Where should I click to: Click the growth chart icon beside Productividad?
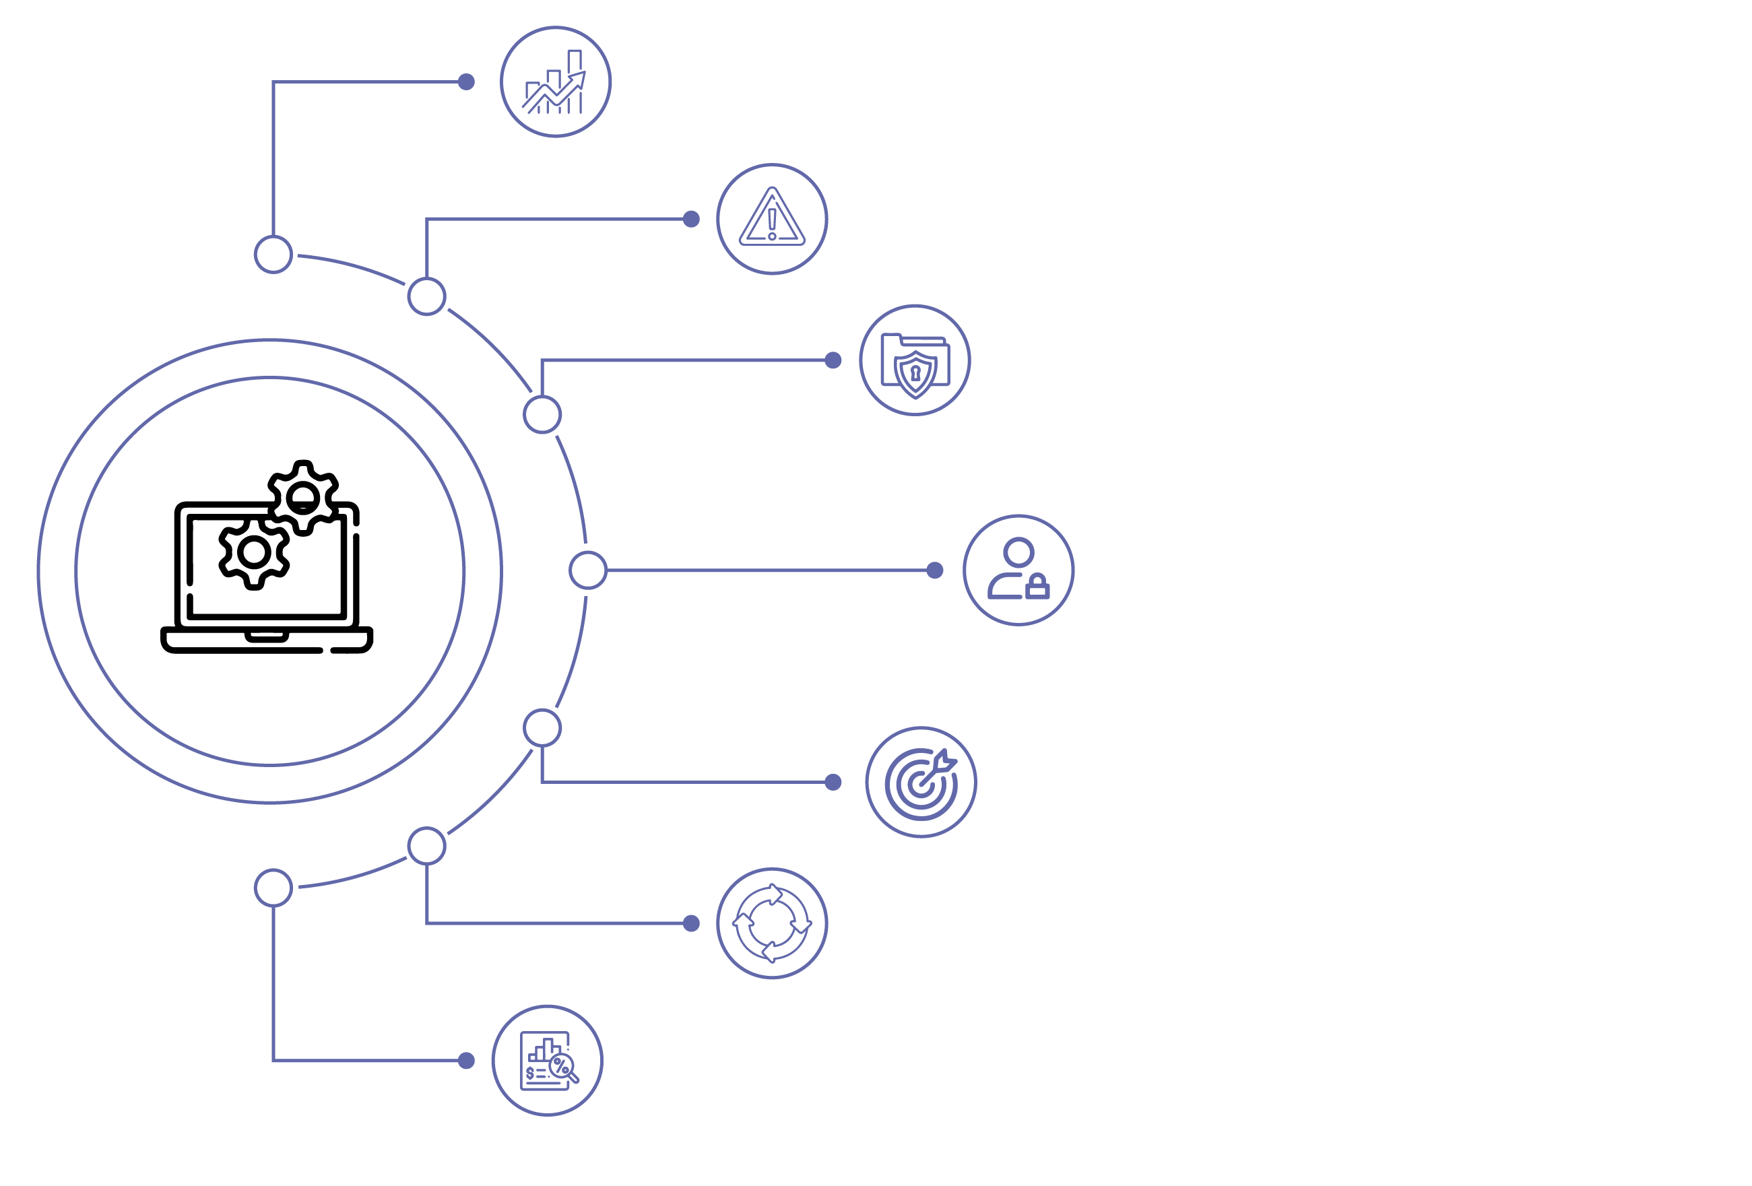click(x=556, y=82)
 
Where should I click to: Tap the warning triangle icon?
click(x=772, y=220)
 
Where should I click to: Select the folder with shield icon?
click(x=915, y=360)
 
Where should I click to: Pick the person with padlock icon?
click(x=1018, y=570)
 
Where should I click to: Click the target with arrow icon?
click(x=921, y=783)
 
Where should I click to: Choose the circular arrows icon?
click(x=772, y=923)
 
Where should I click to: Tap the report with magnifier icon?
click(x=548, y=1061)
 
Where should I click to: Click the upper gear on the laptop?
click(x=303, y=498)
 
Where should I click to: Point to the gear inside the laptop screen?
click(x=254, y=553)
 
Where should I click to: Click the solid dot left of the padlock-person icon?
click(x=935, y=570)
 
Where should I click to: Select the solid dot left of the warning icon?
click(x=691, y=220)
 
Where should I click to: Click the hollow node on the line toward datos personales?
click(x=588, y=570)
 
